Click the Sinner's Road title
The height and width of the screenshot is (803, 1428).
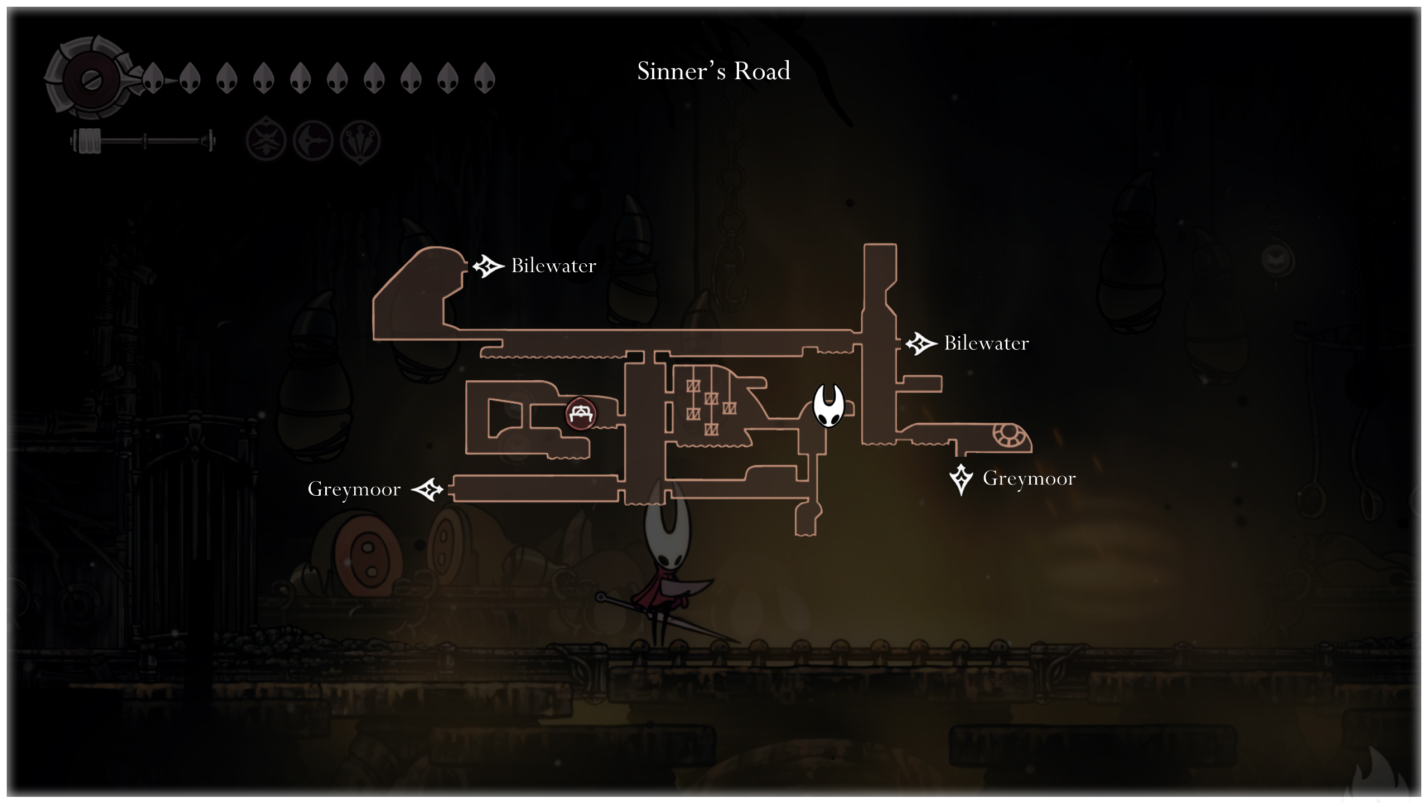pos(713,71)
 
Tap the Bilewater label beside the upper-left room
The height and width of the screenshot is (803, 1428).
pos(553,266)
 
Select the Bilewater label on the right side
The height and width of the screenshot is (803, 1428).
pos(986,344)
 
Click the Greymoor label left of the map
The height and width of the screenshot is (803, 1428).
pos(354,490)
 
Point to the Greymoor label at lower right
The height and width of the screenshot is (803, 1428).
pos(1029,478)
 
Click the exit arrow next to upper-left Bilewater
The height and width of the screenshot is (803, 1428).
pos(488,266)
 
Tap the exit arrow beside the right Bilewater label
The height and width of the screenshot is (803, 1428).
pos(920,344)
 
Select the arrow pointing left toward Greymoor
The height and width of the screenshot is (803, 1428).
pos(427,490)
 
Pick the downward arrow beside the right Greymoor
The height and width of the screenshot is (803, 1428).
pos(961,479)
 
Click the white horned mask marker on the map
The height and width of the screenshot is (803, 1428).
pos(829,405)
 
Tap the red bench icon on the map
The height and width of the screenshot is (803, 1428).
pos(581,414)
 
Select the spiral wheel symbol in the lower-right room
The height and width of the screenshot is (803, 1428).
pos(1007,435)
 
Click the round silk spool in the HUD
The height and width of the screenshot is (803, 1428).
pos(89,79)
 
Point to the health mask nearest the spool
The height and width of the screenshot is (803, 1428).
pos(153,78)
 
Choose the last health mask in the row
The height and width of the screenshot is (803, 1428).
pos(484,78)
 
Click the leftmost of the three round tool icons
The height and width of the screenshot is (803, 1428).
pos(266,141)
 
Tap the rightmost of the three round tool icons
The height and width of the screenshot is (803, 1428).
pos(360,141)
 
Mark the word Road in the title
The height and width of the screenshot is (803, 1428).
pos(762,71)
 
